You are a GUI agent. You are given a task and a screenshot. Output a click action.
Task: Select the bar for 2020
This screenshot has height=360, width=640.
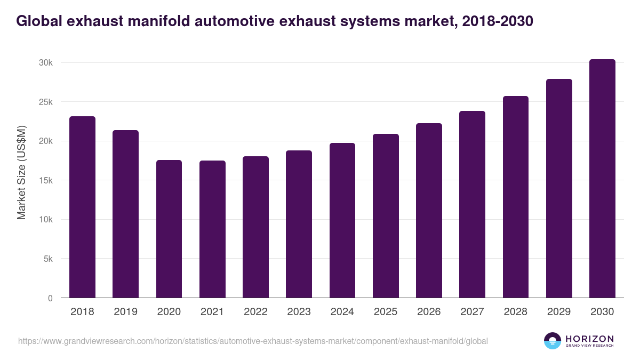[169, 229]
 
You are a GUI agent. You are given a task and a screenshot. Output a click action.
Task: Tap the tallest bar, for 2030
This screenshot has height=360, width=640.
[602, 179]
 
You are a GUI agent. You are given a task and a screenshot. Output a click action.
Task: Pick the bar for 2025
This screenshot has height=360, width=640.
[386, 216]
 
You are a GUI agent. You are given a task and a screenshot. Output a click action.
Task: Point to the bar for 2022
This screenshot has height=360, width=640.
[255, 227]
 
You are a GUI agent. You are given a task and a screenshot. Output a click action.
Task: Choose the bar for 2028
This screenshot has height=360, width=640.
[516, 197]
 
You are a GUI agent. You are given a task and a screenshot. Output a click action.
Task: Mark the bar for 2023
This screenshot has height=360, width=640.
[299, 224]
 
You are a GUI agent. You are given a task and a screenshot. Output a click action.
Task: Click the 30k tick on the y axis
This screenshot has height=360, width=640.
[45, 63]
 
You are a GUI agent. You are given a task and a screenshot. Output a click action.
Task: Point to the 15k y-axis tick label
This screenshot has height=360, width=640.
[45, 181]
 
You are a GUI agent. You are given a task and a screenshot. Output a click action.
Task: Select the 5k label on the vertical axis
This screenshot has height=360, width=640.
[47, 259]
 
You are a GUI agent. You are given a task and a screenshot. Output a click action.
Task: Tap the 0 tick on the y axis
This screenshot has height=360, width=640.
[50, 298]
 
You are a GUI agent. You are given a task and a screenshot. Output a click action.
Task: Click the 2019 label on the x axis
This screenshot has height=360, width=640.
[125, 312]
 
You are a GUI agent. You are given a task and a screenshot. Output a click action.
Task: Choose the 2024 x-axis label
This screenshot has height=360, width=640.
[342, 312]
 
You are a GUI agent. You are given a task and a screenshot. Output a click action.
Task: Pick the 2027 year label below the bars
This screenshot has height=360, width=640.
[472, 312]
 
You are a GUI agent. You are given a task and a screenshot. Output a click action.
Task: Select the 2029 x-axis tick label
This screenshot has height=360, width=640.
[559, 312]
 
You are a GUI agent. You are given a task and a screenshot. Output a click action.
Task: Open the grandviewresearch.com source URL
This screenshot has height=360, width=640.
[253, 341]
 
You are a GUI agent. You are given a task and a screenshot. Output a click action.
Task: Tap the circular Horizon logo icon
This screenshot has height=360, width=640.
[552, 341]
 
